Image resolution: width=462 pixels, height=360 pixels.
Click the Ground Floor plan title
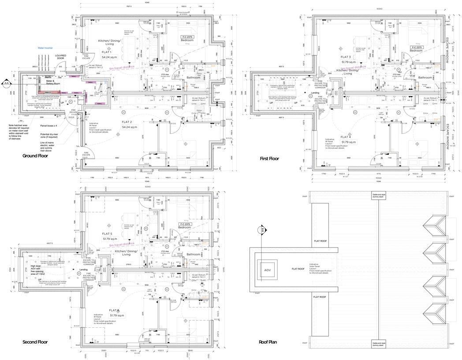pyautogui.click(x=35, y=156)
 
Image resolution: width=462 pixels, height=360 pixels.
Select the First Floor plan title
pyautogui.click(x=269, y=158)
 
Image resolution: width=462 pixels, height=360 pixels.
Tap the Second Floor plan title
pyautogui.click(x=35, y=342)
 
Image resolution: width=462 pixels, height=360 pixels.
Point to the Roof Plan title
pyautogui.click(x=268, y=342)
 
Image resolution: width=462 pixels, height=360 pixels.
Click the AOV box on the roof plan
pyautogui.click(x=268, y=270)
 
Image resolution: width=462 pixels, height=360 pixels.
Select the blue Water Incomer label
pyautogui.click(x=45, y=48)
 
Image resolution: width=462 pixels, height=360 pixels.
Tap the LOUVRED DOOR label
pyautogui.click(x=60, y=57)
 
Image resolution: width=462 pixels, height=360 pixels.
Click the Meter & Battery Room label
pyautogui.click(x=53, y=82)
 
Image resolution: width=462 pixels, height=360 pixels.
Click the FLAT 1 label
pyautogui.click(x=107, y=52)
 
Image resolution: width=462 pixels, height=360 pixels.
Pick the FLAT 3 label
pyautogui.click(x=346, y=57)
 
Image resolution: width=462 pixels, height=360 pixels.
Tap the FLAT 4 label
pyautogui.click(x=346, y=137)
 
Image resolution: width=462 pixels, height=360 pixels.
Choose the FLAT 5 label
pyautogui.click(x=107, y=233)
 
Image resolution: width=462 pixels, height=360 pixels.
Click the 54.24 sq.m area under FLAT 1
pyautogui.click(x=109, y=57)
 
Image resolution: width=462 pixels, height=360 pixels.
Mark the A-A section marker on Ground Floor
pyautogui.click(x=6, y=82)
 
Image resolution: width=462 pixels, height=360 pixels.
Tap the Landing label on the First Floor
pyautogui.click(x=315, y=93)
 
